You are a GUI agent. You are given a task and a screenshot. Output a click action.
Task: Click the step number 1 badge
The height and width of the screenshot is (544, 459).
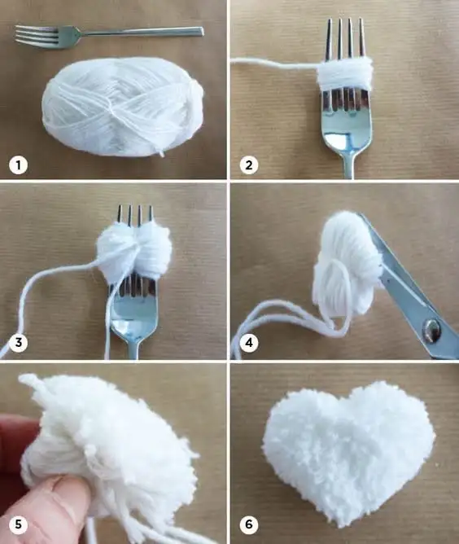(18, 165)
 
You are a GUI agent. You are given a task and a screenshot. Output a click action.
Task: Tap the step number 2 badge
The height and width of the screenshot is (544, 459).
(248, 165)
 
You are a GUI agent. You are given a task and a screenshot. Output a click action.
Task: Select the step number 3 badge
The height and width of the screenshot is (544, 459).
(18, 342)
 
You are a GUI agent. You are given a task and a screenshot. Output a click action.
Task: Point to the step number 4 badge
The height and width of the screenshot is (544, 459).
(248, 343)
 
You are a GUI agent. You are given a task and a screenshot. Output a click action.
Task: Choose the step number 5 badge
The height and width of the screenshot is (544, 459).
(18, 524)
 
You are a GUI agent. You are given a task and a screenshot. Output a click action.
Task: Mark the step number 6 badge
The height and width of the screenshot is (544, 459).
(248, 524)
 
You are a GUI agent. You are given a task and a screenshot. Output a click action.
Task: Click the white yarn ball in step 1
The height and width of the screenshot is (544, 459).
(123, 107)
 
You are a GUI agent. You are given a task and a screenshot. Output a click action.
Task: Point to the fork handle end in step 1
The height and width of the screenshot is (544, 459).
(202, 32)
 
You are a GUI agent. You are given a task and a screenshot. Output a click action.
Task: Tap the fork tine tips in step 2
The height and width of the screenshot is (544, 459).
(345, 20)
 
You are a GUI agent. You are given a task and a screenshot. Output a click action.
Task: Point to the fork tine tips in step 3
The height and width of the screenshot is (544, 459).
(135, 207)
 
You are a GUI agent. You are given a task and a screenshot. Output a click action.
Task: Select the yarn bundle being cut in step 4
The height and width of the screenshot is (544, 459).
(347, 264)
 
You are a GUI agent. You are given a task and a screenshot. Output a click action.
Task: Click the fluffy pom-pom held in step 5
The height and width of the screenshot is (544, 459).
(111, 451)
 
